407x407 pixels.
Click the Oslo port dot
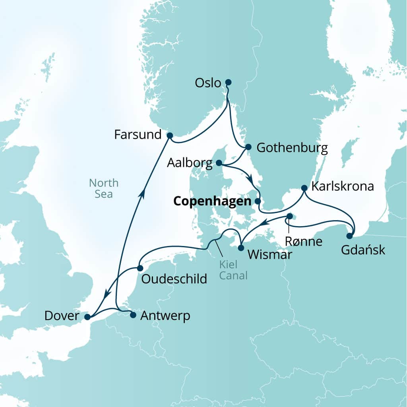tap(228, 83)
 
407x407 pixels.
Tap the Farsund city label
tap(138, 135)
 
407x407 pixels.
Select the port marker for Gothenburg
tap(248, 147)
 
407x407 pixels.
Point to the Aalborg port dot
tap(219, 163)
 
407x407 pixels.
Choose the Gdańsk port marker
tap(349, 236)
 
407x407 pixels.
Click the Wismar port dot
tap(240, 248)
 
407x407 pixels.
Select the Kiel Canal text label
tap(233, 269)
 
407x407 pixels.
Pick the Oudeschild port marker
tap(140, 268)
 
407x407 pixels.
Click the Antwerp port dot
tap(133, 315)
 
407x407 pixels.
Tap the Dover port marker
tap(87, 317)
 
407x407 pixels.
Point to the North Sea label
tap(104, 188)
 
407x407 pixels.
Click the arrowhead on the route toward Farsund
tap(141, 193)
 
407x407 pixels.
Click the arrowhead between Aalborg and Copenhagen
tap(250, 180)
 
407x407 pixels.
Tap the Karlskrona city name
tap(343, 186)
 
